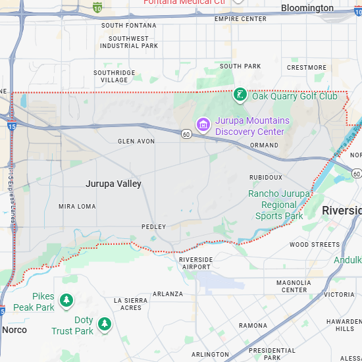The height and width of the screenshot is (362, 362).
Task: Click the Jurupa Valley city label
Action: [113, 184]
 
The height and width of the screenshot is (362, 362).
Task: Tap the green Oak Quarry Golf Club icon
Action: [241, 95]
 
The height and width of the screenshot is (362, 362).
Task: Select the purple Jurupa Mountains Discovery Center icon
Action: [203, 124]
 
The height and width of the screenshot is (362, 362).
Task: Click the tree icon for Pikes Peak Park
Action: [66, 301]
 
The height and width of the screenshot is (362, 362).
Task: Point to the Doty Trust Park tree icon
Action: [104, 324]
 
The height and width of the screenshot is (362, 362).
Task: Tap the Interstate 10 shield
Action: [97, 7]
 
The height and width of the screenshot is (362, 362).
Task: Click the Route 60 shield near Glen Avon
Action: [187, 134]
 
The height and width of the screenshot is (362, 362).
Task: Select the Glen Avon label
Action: [136, 142]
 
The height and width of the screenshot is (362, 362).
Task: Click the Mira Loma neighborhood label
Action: [77, 206]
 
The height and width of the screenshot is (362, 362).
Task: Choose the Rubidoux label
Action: [265, 177]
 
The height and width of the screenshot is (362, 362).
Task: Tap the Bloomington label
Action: [307, 8]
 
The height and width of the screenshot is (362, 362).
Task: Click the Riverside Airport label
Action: [196, 263]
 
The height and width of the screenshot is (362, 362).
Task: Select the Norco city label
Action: [14, 330]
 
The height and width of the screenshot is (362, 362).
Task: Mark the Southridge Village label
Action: [115, 76]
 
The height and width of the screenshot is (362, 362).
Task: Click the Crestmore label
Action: [307, 67]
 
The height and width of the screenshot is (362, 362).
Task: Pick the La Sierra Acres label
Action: [128, 304]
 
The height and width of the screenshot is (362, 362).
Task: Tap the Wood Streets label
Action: [315, 244]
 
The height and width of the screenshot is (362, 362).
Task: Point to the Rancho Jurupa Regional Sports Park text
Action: [279, 205]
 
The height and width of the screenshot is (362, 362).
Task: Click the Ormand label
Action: [264, 145]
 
